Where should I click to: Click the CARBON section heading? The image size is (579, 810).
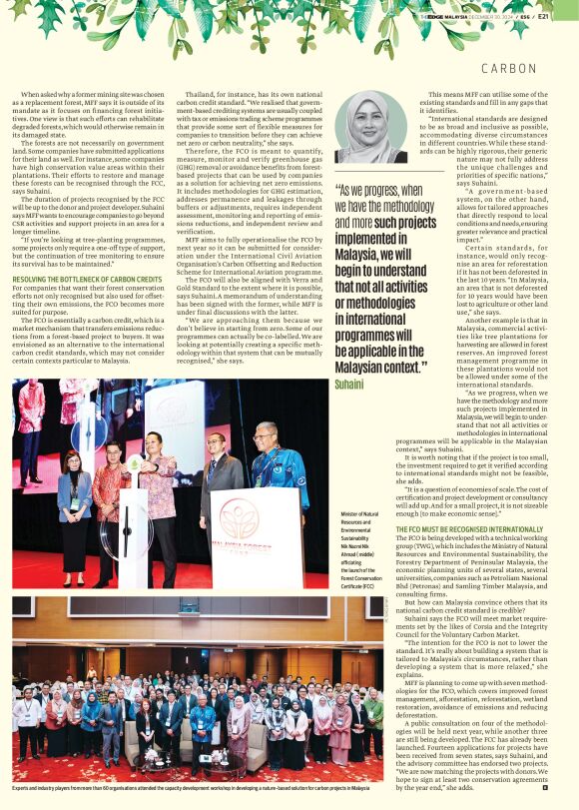pyautogui.click(x=509, y=68)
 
